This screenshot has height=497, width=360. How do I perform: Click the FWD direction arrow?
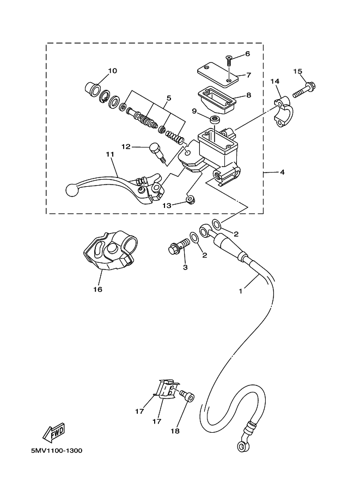coord(54,432)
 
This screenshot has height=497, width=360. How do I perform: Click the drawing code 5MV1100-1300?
coord(57,450)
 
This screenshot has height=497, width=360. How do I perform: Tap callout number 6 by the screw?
coord(247,53)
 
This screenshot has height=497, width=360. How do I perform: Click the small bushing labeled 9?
coord(215,120)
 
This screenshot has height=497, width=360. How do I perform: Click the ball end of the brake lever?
coord(70,190)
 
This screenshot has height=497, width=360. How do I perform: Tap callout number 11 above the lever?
coord(110,155)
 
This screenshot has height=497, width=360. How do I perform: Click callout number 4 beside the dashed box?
coord(282,172)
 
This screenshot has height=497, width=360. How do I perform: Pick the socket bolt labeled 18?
coord(187,396)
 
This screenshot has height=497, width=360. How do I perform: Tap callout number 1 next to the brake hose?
coord(240,291)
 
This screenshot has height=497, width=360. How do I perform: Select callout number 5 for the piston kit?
coord(169,97)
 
